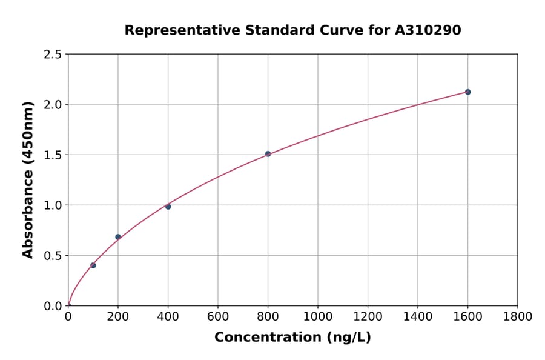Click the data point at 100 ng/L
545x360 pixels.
[x=93, y=265]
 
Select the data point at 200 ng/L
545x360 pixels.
[x=118, y=237]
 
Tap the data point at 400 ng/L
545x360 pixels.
[x=168, y=207]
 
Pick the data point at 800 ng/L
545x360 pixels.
[x=268, y=154]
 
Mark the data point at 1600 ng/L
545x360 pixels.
[x=467, y=92]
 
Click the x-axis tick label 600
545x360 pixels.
[x=218, y=316]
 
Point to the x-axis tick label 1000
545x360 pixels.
[x=318, y=316]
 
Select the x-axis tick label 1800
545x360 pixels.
[x=517, y=316]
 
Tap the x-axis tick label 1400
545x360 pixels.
[x=417, y=316]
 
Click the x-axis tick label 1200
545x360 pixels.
[x=368, y=316]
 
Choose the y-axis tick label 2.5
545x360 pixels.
[x=53, y=55]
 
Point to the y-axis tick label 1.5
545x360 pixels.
[x=53, y=155]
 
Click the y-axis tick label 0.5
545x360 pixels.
[x=53, y=256]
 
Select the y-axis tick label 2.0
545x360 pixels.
[x=53, y=105]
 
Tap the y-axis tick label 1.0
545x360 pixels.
[x=53, y=205]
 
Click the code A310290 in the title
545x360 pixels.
[x=429, y=30]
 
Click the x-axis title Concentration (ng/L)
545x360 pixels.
[x=292, y=338]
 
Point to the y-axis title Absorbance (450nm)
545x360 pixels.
[x=28, y=180]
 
